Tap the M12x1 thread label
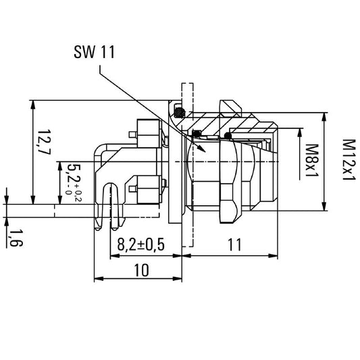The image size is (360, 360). coord(348,159)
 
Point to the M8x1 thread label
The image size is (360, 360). coord(312,160)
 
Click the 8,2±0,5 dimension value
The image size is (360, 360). coord(141,245)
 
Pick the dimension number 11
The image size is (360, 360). coord(234,245)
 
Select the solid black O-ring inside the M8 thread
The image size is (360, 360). coord(229,136)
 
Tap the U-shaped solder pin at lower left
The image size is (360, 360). coord(112,203)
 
